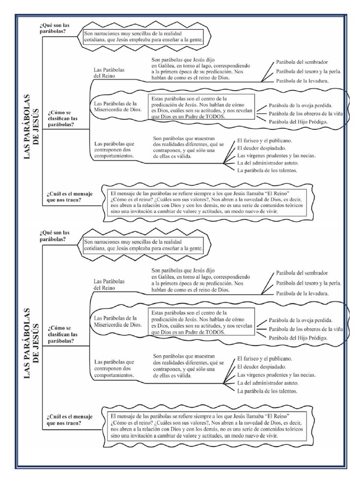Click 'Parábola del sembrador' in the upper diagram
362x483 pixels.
(302, 62)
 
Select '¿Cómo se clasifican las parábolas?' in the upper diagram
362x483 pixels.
(63, 120)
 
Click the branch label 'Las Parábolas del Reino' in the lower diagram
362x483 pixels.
(109, 284)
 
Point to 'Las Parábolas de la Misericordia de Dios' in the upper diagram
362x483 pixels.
(116, 107)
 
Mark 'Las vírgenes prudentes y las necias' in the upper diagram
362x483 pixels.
(276, 155)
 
